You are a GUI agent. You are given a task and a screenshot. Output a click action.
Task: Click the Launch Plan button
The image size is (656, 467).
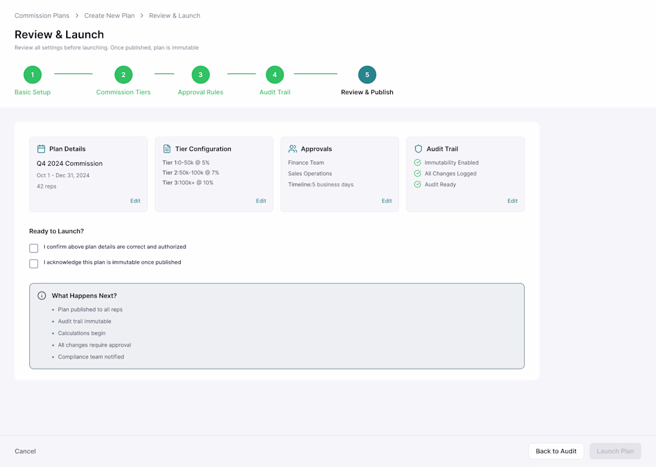pyautogui.click(x=615, y=451)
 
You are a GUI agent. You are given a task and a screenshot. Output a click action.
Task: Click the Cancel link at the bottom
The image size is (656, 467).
pyautogui.click(x=25, y=451)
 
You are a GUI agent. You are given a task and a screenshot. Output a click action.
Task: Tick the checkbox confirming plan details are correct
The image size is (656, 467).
pyautogui.click(x=34, y=248)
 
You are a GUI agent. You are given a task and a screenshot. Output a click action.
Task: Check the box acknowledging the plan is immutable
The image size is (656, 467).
pyautogui.click(x=34, y=264)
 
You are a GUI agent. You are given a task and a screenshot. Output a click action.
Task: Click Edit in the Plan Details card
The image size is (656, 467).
pyautogui.click(x=135, y=201)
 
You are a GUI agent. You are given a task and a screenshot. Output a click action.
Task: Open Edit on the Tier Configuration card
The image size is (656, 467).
pyautogui.click(x=261, y=201)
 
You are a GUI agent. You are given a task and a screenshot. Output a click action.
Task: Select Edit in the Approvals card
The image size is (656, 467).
pyautogui.click(x=386, y=201)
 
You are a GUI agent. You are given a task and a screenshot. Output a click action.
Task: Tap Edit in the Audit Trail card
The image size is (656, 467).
pyautogui.click(x=512, y=201)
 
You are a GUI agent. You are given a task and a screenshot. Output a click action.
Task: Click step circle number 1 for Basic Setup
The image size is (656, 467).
pyautogui.click(x=33, y=75)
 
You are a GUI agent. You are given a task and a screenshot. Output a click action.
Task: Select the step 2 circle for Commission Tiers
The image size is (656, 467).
pyautogui.click(x=123, y=75)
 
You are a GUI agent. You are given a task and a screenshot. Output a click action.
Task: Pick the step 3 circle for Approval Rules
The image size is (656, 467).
pyautogui.click(x=200, y=75)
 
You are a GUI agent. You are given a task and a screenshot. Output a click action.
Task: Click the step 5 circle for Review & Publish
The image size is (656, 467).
pyautogui.click(x=367, y=75)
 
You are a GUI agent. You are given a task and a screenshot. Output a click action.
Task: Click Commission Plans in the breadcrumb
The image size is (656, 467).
pyautogui.click(x=42, y=16)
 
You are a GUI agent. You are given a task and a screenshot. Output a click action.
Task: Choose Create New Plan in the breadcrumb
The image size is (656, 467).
pyautogui.click(x=109, y=16)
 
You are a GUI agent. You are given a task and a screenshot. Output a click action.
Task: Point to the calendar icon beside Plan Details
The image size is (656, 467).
pyautogui.click(x=41, y=149)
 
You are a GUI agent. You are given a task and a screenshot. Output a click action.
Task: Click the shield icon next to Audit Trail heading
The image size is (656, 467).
pyautogui.click(x=418, y=149)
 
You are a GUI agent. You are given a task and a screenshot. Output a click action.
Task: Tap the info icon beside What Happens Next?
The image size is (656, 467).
pyautogui.click(x=42, y=295)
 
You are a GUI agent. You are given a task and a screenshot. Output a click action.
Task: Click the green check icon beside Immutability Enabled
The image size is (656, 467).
pyautogui.click(x=417, y=162)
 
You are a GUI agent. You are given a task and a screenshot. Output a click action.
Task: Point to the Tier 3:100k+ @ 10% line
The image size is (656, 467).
pyautogui.click(x=188, y=183)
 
